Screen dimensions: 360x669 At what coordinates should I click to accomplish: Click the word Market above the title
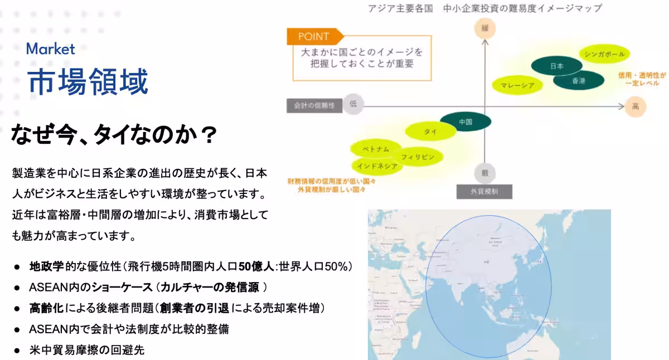click(50, 49)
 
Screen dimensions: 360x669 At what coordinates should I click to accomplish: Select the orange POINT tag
click(314, 37)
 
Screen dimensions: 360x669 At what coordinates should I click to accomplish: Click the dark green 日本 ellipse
click(556, 66)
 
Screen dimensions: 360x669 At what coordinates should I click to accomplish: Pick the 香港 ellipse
click(579, 81)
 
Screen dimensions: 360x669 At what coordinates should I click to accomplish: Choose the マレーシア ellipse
click(518, 85)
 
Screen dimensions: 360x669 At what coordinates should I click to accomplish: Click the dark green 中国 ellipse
click(466, 121)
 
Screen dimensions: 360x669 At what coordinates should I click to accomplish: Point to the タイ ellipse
click(430, 132)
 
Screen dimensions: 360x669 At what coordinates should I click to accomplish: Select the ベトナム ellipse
click(375, 149)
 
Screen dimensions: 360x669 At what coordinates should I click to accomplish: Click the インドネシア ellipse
click(377, 166)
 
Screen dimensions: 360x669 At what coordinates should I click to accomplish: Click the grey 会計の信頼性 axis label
click(314, 105)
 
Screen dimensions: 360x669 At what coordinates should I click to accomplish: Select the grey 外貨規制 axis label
click(484, 192)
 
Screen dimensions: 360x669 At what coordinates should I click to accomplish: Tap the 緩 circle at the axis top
click(484, 28)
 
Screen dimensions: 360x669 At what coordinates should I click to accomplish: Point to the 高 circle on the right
click(635, 105)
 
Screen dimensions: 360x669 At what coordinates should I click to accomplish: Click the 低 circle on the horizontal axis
click(353, 104)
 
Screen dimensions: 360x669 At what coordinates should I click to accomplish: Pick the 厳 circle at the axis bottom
click(484, 173)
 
